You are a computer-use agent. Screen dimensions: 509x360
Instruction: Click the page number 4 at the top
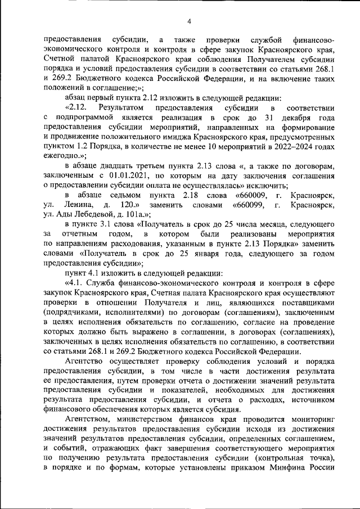pos(190,22)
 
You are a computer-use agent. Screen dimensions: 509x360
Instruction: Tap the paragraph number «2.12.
pos(77,107)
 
